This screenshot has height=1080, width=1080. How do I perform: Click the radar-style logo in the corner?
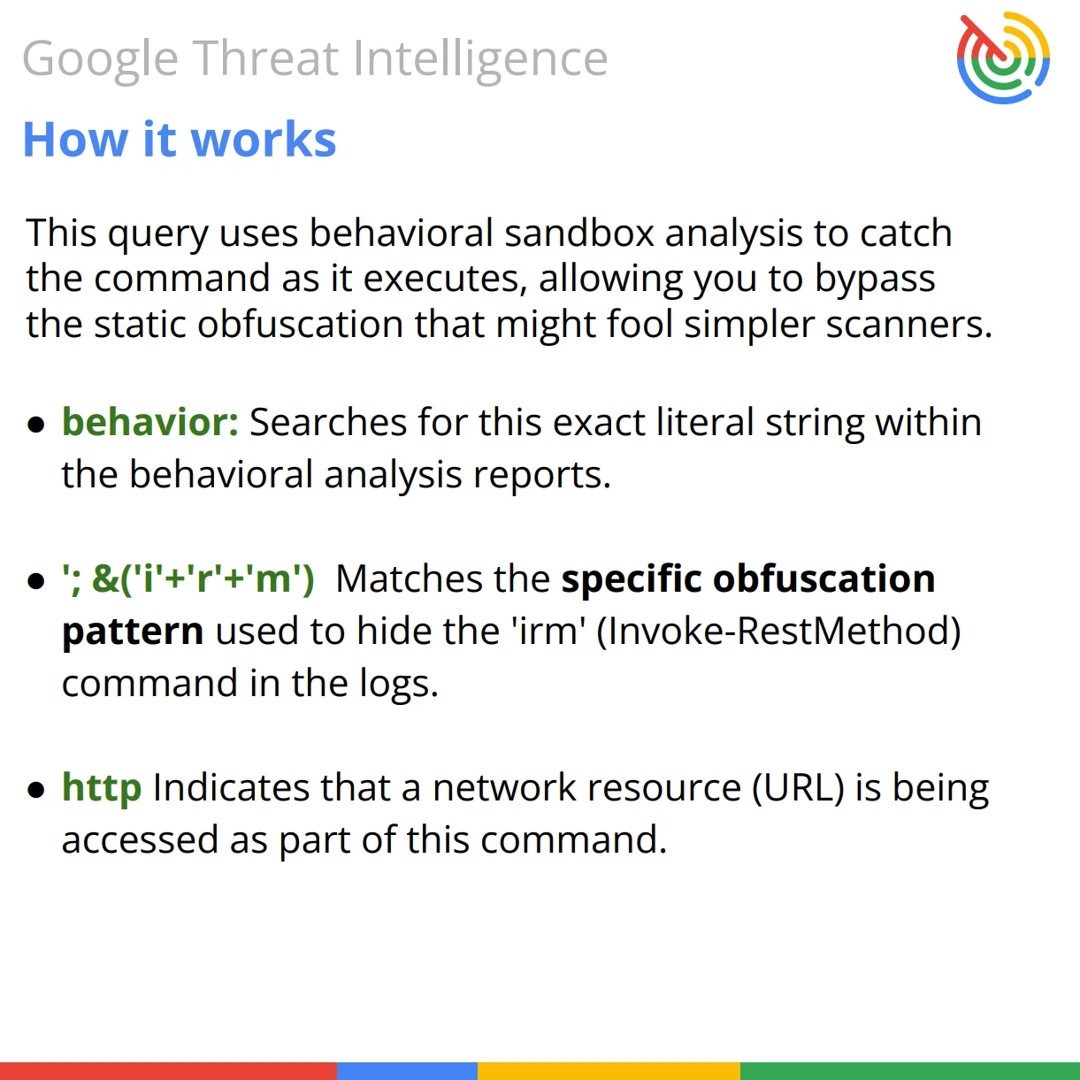1003,57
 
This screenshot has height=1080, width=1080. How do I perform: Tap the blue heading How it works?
180,139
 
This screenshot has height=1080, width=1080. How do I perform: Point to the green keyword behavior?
150,421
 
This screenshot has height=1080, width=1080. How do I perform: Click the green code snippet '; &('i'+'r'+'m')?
188,578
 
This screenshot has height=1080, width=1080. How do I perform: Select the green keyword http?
102,787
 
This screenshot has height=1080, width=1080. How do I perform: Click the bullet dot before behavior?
36,425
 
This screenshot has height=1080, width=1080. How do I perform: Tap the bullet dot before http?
36,790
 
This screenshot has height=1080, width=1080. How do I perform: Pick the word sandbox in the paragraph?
579,233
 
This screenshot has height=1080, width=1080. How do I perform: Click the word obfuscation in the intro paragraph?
300,324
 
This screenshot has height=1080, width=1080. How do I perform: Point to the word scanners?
909,326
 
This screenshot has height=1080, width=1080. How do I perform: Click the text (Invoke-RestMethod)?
778,631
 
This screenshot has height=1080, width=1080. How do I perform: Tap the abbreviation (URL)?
798,788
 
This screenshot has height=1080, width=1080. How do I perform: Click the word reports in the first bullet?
542,475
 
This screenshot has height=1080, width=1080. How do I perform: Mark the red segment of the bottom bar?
168,1070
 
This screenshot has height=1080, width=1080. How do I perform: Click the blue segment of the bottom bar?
407,1070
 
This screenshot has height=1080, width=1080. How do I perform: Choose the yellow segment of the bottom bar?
609,1070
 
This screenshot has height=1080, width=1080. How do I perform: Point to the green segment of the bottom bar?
910,1070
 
